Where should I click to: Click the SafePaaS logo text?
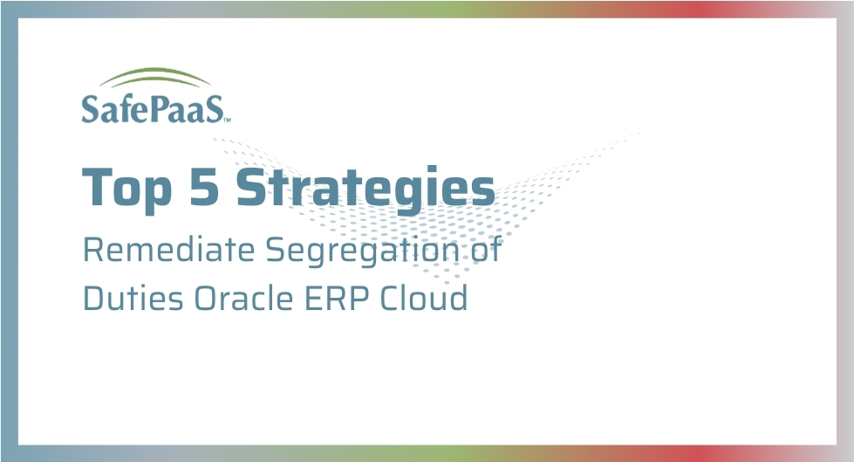point(153,108)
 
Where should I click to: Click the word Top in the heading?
point(126,188)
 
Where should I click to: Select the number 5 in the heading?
point(205,187)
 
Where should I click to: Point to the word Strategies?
point(366,188)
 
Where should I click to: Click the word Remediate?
point(169,250)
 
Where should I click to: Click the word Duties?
point(133,298)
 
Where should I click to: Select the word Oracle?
point(243,298)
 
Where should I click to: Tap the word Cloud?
point(424,298)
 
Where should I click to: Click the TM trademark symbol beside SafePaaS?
point(227,120)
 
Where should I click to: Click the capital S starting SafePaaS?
point(90,108)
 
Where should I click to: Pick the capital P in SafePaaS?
point(159,108)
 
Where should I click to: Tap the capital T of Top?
point(98,187)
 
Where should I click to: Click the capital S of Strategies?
point(251,187)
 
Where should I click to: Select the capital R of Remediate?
point(93,249)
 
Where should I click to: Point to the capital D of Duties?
point(95,298)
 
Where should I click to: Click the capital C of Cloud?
point(390,298)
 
